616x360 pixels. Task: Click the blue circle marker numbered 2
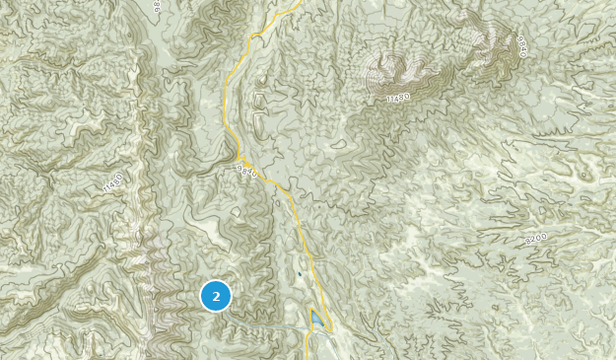click(x=216, y=296)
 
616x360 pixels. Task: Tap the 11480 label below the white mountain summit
click(x=397, y=96)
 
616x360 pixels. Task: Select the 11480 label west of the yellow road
click(x=112, y=182)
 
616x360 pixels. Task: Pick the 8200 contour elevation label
click(x=536, y=238)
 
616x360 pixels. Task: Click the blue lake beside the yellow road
click(x=316, y=321)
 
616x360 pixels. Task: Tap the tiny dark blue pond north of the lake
click(x=300, y=274)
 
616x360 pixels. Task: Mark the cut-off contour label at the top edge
click(x=157, y=6)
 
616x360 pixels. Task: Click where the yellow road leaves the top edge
click(x=302, y=2)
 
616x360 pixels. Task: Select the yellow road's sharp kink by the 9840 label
click(x=238, y=158)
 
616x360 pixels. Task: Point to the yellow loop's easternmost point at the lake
click(x=332, y=326)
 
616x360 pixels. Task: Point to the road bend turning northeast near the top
click(x=254, y=36)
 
